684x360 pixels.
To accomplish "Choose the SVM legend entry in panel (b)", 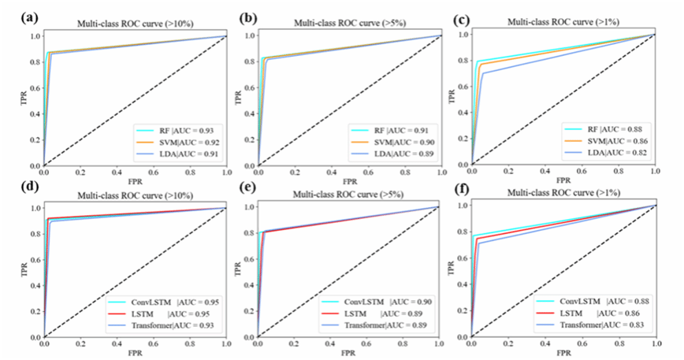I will (392, 142).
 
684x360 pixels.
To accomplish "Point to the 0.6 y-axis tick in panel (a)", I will (33, 87).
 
